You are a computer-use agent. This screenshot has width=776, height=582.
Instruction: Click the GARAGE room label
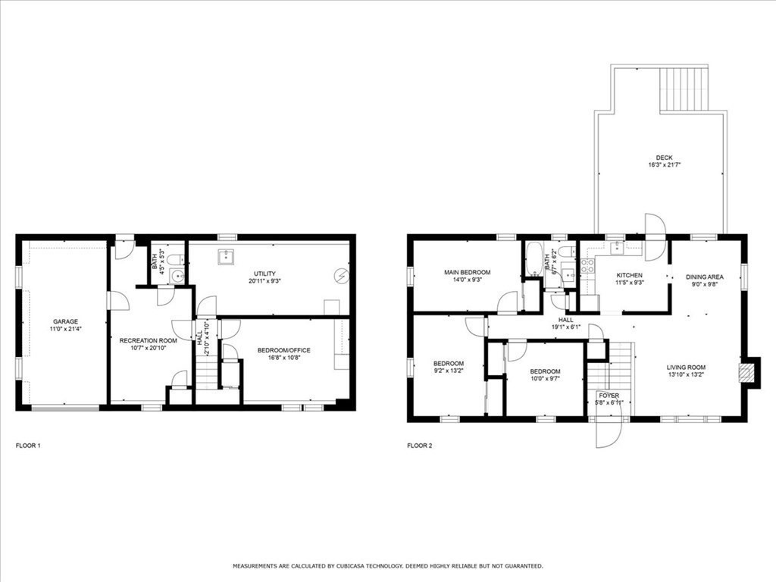tap(65, 321)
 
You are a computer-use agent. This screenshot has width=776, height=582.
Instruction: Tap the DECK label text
tap(664, 158)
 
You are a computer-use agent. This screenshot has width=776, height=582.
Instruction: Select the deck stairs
tap(684, 89)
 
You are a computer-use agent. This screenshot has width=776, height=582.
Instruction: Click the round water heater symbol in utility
tap(343, 276)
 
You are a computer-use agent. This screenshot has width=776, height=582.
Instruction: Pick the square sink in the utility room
tap(226, 257)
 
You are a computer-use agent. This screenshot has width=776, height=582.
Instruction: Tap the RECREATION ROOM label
tap(148, 341)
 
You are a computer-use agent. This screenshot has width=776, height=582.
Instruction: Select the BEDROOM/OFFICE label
tap(283, 350)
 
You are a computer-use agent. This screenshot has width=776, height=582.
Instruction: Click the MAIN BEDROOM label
tap(467, 272)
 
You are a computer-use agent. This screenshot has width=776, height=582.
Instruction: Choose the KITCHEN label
tap(629, 275)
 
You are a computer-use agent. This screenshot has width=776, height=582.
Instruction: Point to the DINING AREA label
tap(705, 277)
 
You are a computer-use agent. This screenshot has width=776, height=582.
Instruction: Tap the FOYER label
tap(609, 396)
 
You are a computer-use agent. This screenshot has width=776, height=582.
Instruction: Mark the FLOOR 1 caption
tap(28, 446)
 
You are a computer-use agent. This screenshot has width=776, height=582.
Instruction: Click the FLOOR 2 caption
tap(419, 446)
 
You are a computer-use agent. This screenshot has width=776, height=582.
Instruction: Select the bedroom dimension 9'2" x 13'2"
tap(448, 371)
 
